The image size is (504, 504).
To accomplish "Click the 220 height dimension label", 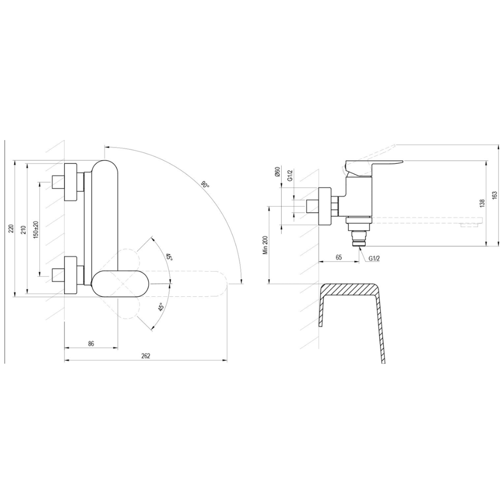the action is pyautogui.click(x=11, y=229).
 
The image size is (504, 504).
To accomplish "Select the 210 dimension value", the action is pyautogui.click(x=23, y=229).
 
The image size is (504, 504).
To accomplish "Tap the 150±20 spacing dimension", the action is pyautogui.click(x=36, y=229).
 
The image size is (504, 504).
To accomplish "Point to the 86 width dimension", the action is pyautogui.click(x=91, y=344).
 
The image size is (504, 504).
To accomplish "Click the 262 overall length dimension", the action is pyautogui.click(x=146, y=356).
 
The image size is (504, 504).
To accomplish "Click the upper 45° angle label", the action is pyautogui.click(x=169, y=257).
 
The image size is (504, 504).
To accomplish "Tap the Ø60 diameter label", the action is pyautogui.click(x=278, y=172).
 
